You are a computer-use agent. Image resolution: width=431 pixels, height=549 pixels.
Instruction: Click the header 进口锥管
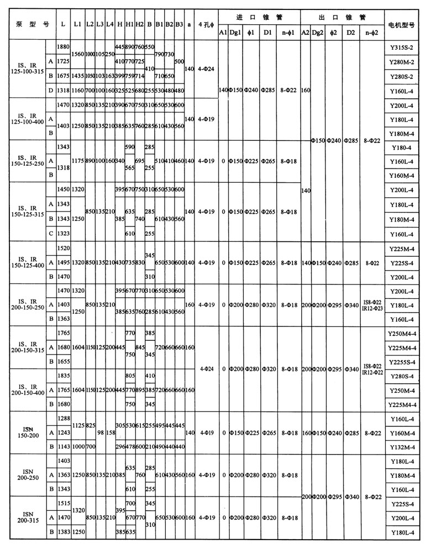click(x=259, y=17)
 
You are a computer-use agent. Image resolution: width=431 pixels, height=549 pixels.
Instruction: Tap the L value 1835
click(x=64, y=376)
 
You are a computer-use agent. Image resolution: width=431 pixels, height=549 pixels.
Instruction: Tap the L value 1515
click(x=64, y=504)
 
